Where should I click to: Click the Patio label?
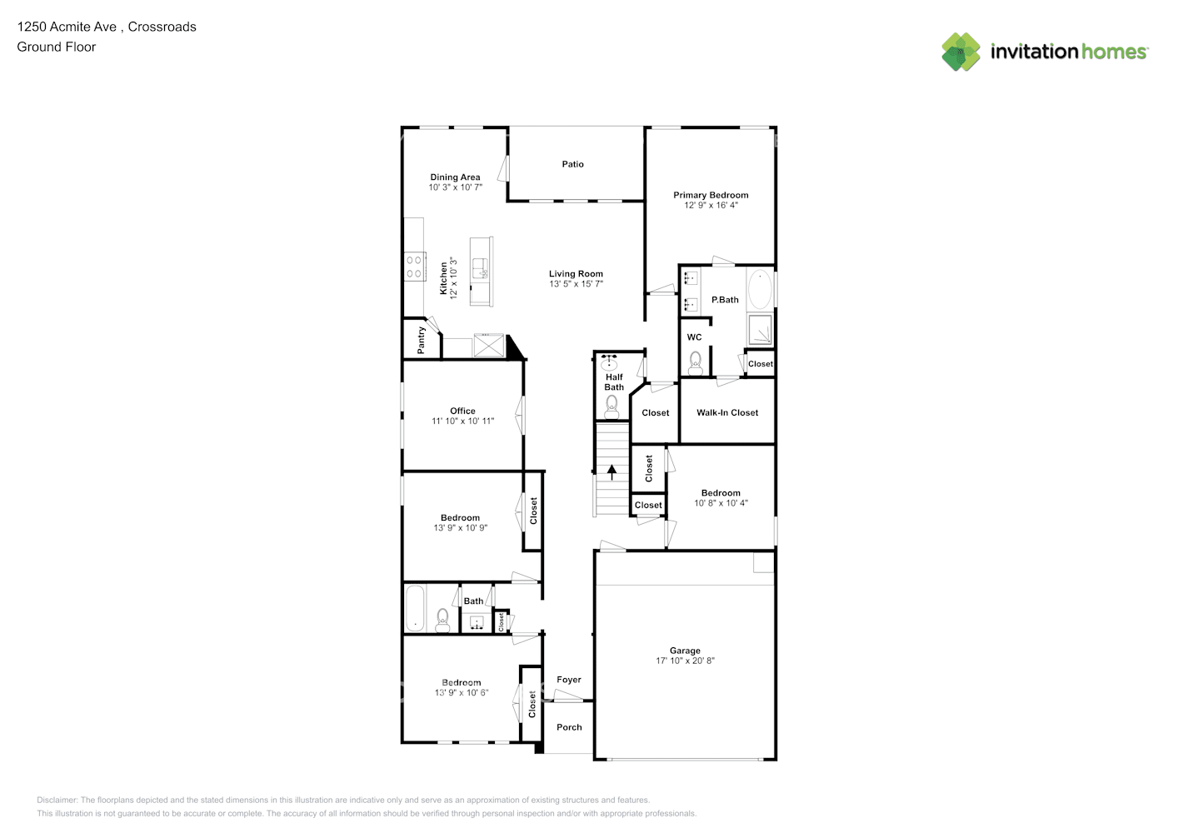coord(572,164)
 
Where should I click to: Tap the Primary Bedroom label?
coord(711,195)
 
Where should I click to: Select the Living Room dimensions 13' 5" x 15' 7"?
coord(576,284)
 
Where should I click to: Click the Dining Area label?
coord(455,177)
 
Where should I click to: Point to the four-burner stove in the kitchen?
coord(414,267)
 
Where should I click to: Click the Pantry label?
coord(422,340)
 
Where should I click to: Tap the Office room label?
coord(462,411)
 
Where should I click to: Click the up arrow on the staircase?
coord(612,472)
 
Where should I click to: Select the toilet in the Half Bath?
coord(611,406)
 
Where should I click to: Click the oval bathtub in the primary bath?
coord(760,290)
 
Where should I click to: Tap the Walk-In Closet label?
coord(727,412)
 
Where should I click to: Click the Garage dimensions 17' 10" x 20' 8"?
coord(685,661)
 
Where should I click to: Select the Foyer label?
coord(569,680)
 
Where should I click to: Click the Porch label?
coord(569,727)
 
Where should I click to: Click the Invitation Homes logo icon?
coord(961,52)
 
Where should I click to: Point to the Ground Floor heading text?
coord(57,47)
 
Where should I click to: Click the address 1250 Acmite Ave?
coord(67,27)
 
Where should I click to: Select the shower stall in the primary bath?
coord(760,330)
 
